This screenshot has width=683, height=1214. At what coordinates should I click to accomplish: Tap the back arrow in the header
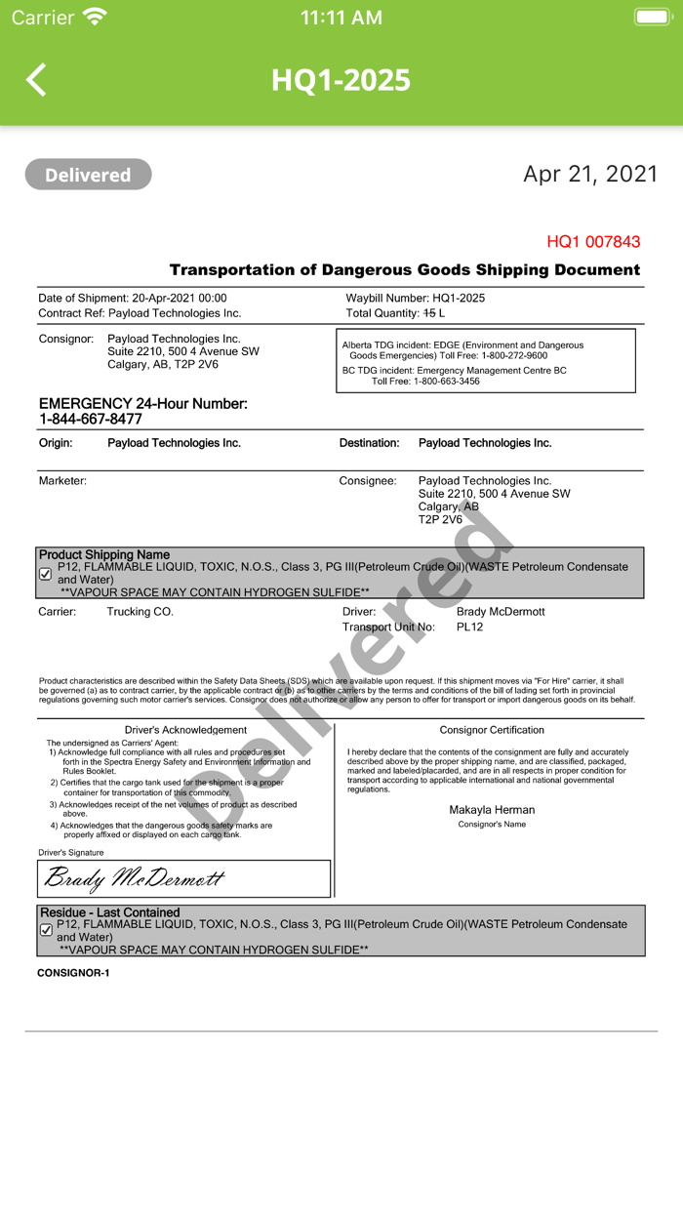[x=36, y=80]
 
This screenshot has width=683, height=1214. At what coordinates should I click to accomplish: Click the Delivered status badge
[x=88, y=175]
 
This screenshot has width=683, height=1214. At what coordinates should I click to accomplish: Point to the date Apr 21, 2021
[x=590, y=174]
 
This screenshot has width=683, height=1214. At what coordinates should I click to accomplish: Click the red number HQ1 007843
[x=593, y=241]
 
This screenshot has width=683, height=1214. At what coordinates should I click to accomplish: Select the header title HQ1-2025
[x=341, y=80]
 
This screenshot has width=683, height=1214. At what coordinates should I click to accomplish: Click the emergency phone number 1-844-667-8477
[x=91, y=419]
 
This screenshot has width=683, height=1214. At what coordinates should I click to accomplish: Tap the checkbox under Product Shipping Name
[x=46, y=574]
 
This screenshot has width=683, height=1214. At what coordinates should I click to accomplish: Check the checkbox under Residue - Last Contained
[x=46, y=930]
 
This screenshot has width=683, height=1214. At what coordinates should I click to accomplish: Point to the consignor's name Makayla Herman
[x=492, y=809]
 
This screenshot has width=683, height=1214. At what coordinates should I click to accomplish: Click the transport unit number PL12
[x=469, y=627]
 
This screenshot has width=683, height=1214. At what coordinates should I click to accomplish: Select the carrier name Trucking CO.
[x=140, y=612]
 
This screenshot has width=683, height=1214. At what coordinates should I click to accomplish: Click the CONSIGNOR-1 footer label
[x=73, y=973]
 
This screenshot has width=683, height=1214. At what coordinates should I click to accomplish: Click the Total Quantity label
[x=382, y=313]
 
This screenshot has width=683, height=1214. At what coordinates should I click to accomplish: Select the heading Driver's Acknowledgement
[x=185, y=730]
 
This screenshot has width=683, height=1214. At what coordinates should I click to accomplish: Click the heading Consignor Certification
[x=492, y=730]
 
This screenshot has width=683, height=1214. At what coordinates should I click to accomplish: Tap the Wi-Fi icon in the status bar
[x=95, y=17]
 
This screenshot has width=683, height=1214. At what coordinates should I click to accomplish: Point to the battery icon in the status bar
[x=652, y=17]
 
